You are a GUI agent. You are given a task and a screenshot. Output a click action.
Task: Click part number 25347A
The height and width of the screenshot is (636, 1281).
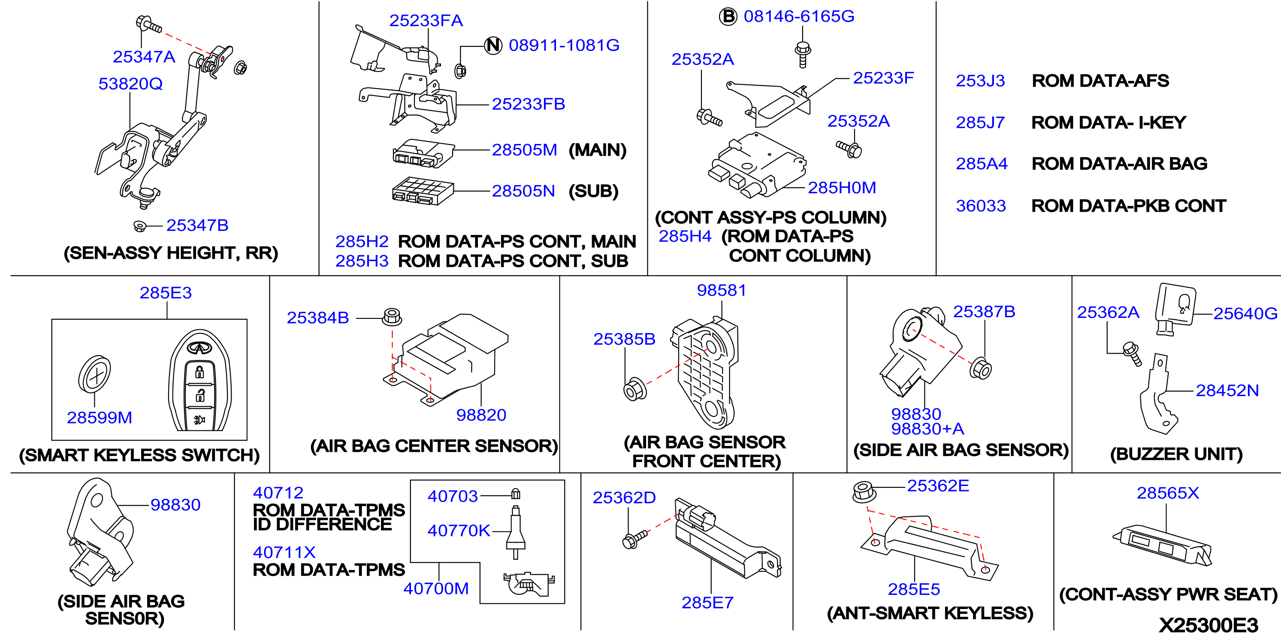pyautogui.click(x=144, y=57)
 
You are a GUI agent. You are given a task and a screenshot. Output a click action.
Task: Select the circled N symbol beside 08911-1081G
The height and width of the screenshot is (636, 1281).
pyautogui.click(x=493, y=45)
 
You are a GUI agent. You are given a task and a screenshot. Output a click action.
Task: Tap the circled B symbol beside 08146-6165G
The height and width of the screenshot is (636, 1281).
pyautogui.click(x=728, y=16)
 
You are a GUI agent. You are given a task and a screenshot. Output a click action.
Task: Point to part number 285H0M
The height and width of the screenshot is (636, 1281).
pyautogui.click(x=841, y=187)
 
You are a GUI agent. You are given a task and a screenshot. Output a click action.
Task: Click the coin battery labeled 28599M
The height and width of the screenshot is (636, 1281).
pyautogui.click(x=94, y=374)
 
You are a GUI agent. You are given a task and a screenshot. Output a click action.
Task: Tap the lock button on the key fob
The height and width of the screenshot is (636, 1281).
pyautogui.click(x=199, y=372)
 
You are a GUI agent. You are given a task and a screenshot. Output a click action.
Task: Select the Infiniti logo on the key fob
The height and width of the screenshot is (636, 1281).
pyautogui.click(x=199, y=348)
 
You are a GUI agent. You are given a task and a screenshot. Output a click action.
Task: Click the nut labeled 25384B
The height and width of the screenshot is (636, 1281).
pyautogui.click(x=392, y=317)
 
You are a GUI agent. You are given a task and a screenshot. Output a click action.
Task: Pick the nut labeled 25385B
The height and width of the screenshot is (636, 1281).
pyautogui.click(x=634, y=390)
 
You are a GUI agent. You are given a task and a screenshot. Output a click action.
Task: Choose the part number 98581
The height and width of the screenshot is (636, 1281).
pyautogui.click(x=721, y=290)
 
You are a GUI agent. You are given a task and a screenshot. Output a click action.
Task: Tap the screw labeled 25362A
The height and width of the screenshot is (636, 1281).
pyautogui.click(x=1133, y=353)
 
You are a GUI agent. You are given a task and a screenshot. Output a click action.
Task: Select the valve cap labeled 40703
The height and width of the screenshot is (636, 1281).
pyautogui.click(x=516, y=493)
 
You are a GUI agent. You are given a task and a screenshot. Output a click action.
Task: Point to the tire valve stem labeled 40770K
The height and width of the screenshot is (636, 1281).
pyautogui.click(x=515, y=532)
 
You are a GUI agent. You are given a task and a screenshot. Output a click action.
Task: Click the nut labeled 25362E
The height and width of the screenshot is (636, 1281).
pyautogui.click(x=864, y=492)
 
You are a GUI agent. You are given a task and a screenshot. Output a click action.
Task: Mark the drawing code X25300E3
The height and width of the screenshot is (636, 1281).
pyautogui.click(x=1209, y=624)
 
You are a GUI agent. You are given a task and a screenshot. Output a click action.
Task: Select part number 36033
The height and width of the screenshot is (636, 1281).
pyautogui.click(x=981, y=206)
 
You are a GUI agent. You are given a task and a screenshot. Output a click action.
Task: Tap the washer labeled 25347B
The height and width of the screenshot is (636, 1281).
pyautogui.click(x=140, y=227)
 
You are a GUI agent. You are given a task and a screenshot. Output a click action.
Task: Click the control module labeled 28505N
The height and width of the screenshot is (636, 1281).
pyautogui.click(x=423, y=191)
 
